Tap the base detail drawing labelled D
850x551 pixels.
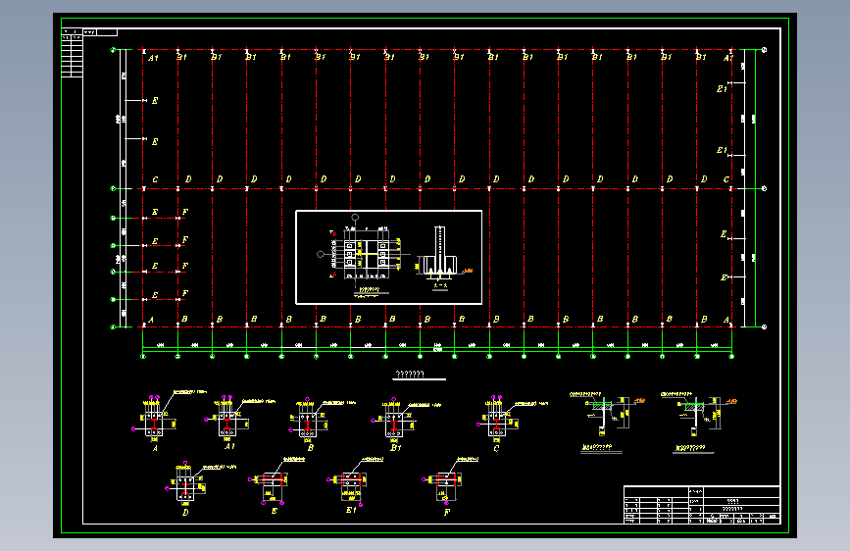185,484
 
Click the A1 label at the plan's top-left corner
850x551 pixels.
152,58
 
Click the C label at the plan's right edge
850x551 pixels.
726,179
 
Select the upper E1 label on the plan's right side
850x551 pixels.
722,89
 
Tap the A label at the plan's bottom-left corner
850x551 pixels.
151,320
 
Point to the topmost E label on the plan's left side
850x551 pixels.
155,100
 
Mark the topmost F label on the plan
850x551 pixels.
185,213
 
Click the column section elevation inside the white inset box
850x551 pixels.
440,256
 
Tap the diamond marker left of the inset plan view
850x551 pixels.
322,254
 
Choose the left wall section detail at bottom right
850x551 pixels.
600,417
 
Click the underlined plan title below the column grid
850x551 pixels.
408,375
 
